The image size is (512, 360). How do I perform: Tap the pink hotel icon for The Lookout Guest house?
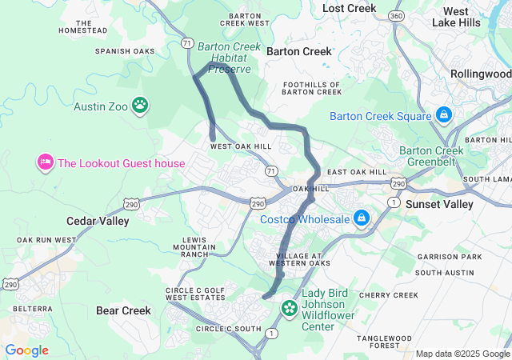pyautogui.click(x=45, y=163)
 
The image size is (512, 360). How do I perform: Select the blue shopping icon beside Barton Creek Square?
pyautogui.click(x=442, y=116)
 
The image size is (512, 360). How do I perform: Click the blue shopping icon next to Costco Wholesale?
pyautogui.click(x=362, y=218)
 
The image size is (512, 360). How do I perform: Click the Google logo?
pyautogui.click(x=26, y=350)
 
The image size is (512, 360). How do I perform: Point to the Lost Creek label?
pyautogui.click(x=349, y=8)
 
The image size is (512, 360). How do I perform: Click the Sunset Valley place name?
pyautogui.click(x=440, y=204)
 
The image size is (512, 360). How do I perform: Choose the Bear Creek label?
pyautogui.click(x=123, y=310)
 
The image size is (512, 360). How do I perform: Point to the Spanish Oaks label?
pyautogui.click(x=124, y=51)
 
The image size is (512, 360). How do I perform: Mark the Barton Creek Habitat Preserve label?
pyautogui.click(x=229, y=58)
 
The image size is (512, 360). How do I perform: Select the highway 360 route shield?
pyautogui.click(x=395, y=16)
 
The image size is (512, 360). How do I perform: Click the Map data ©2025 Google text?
pyautogui.click(x=462, y=354)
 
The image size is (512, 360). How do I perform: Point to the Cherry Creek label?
pyautogui.click(x=388, y=295)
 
